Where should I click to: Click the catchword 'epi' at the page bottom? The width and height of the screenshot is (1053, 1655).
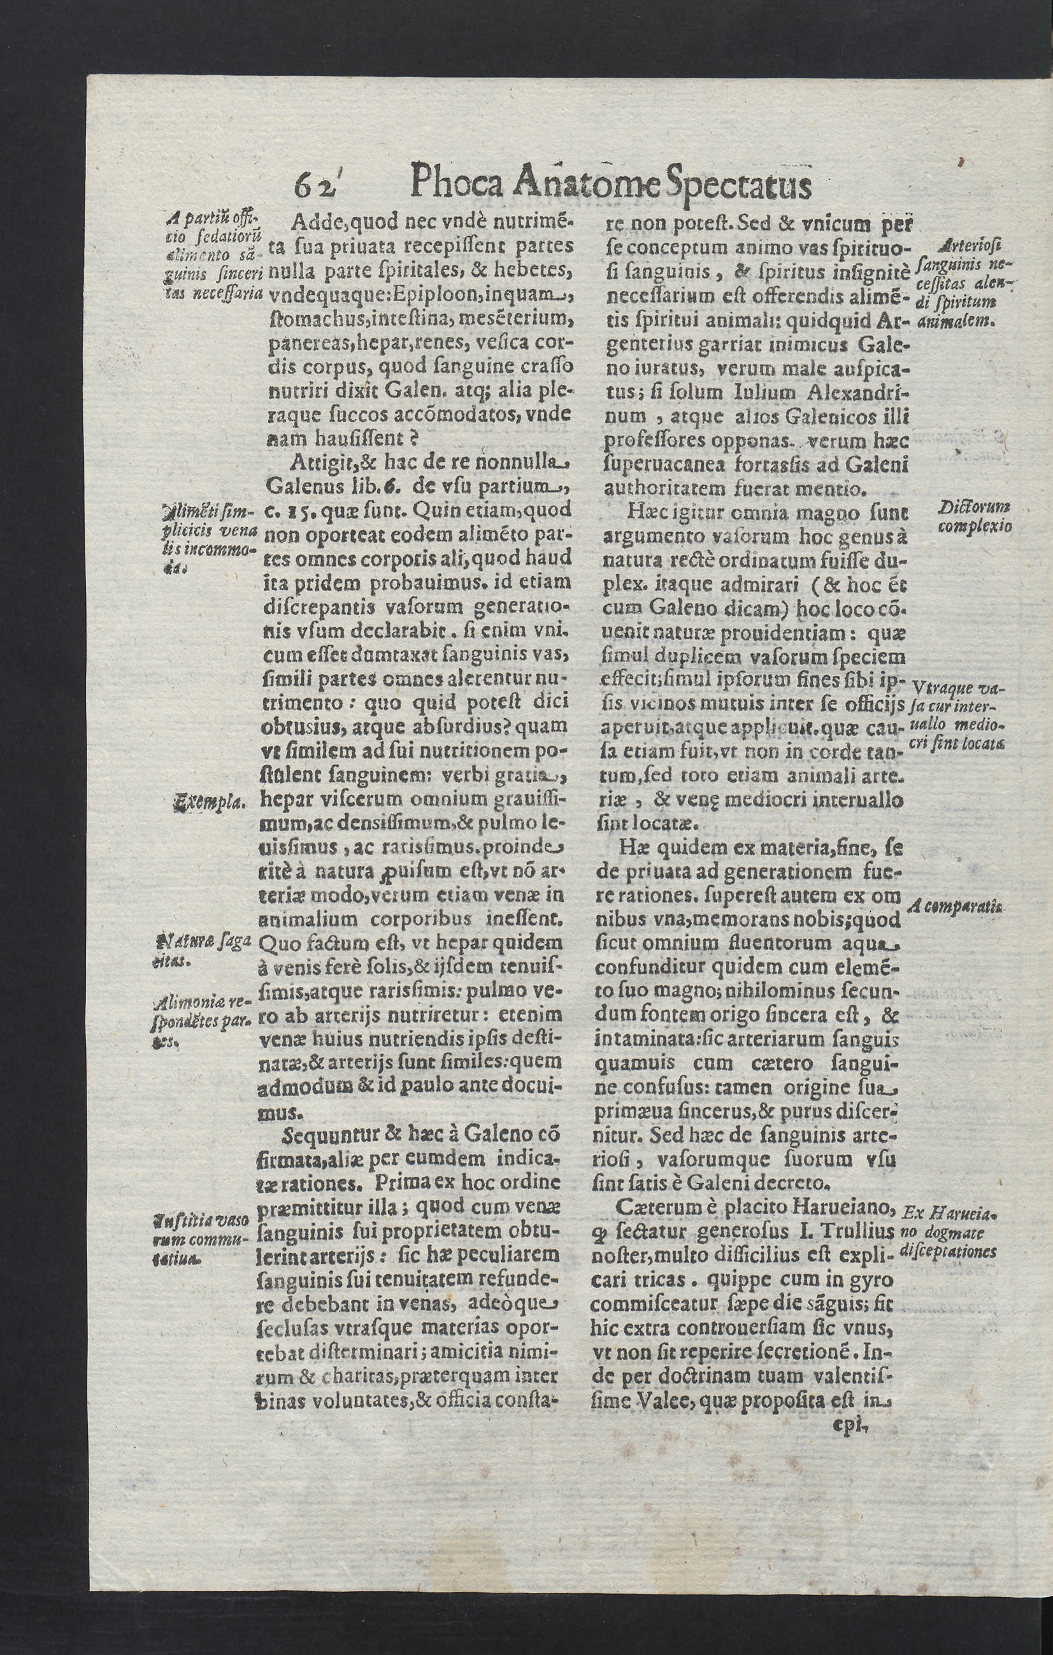(x=851, y=1426)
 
